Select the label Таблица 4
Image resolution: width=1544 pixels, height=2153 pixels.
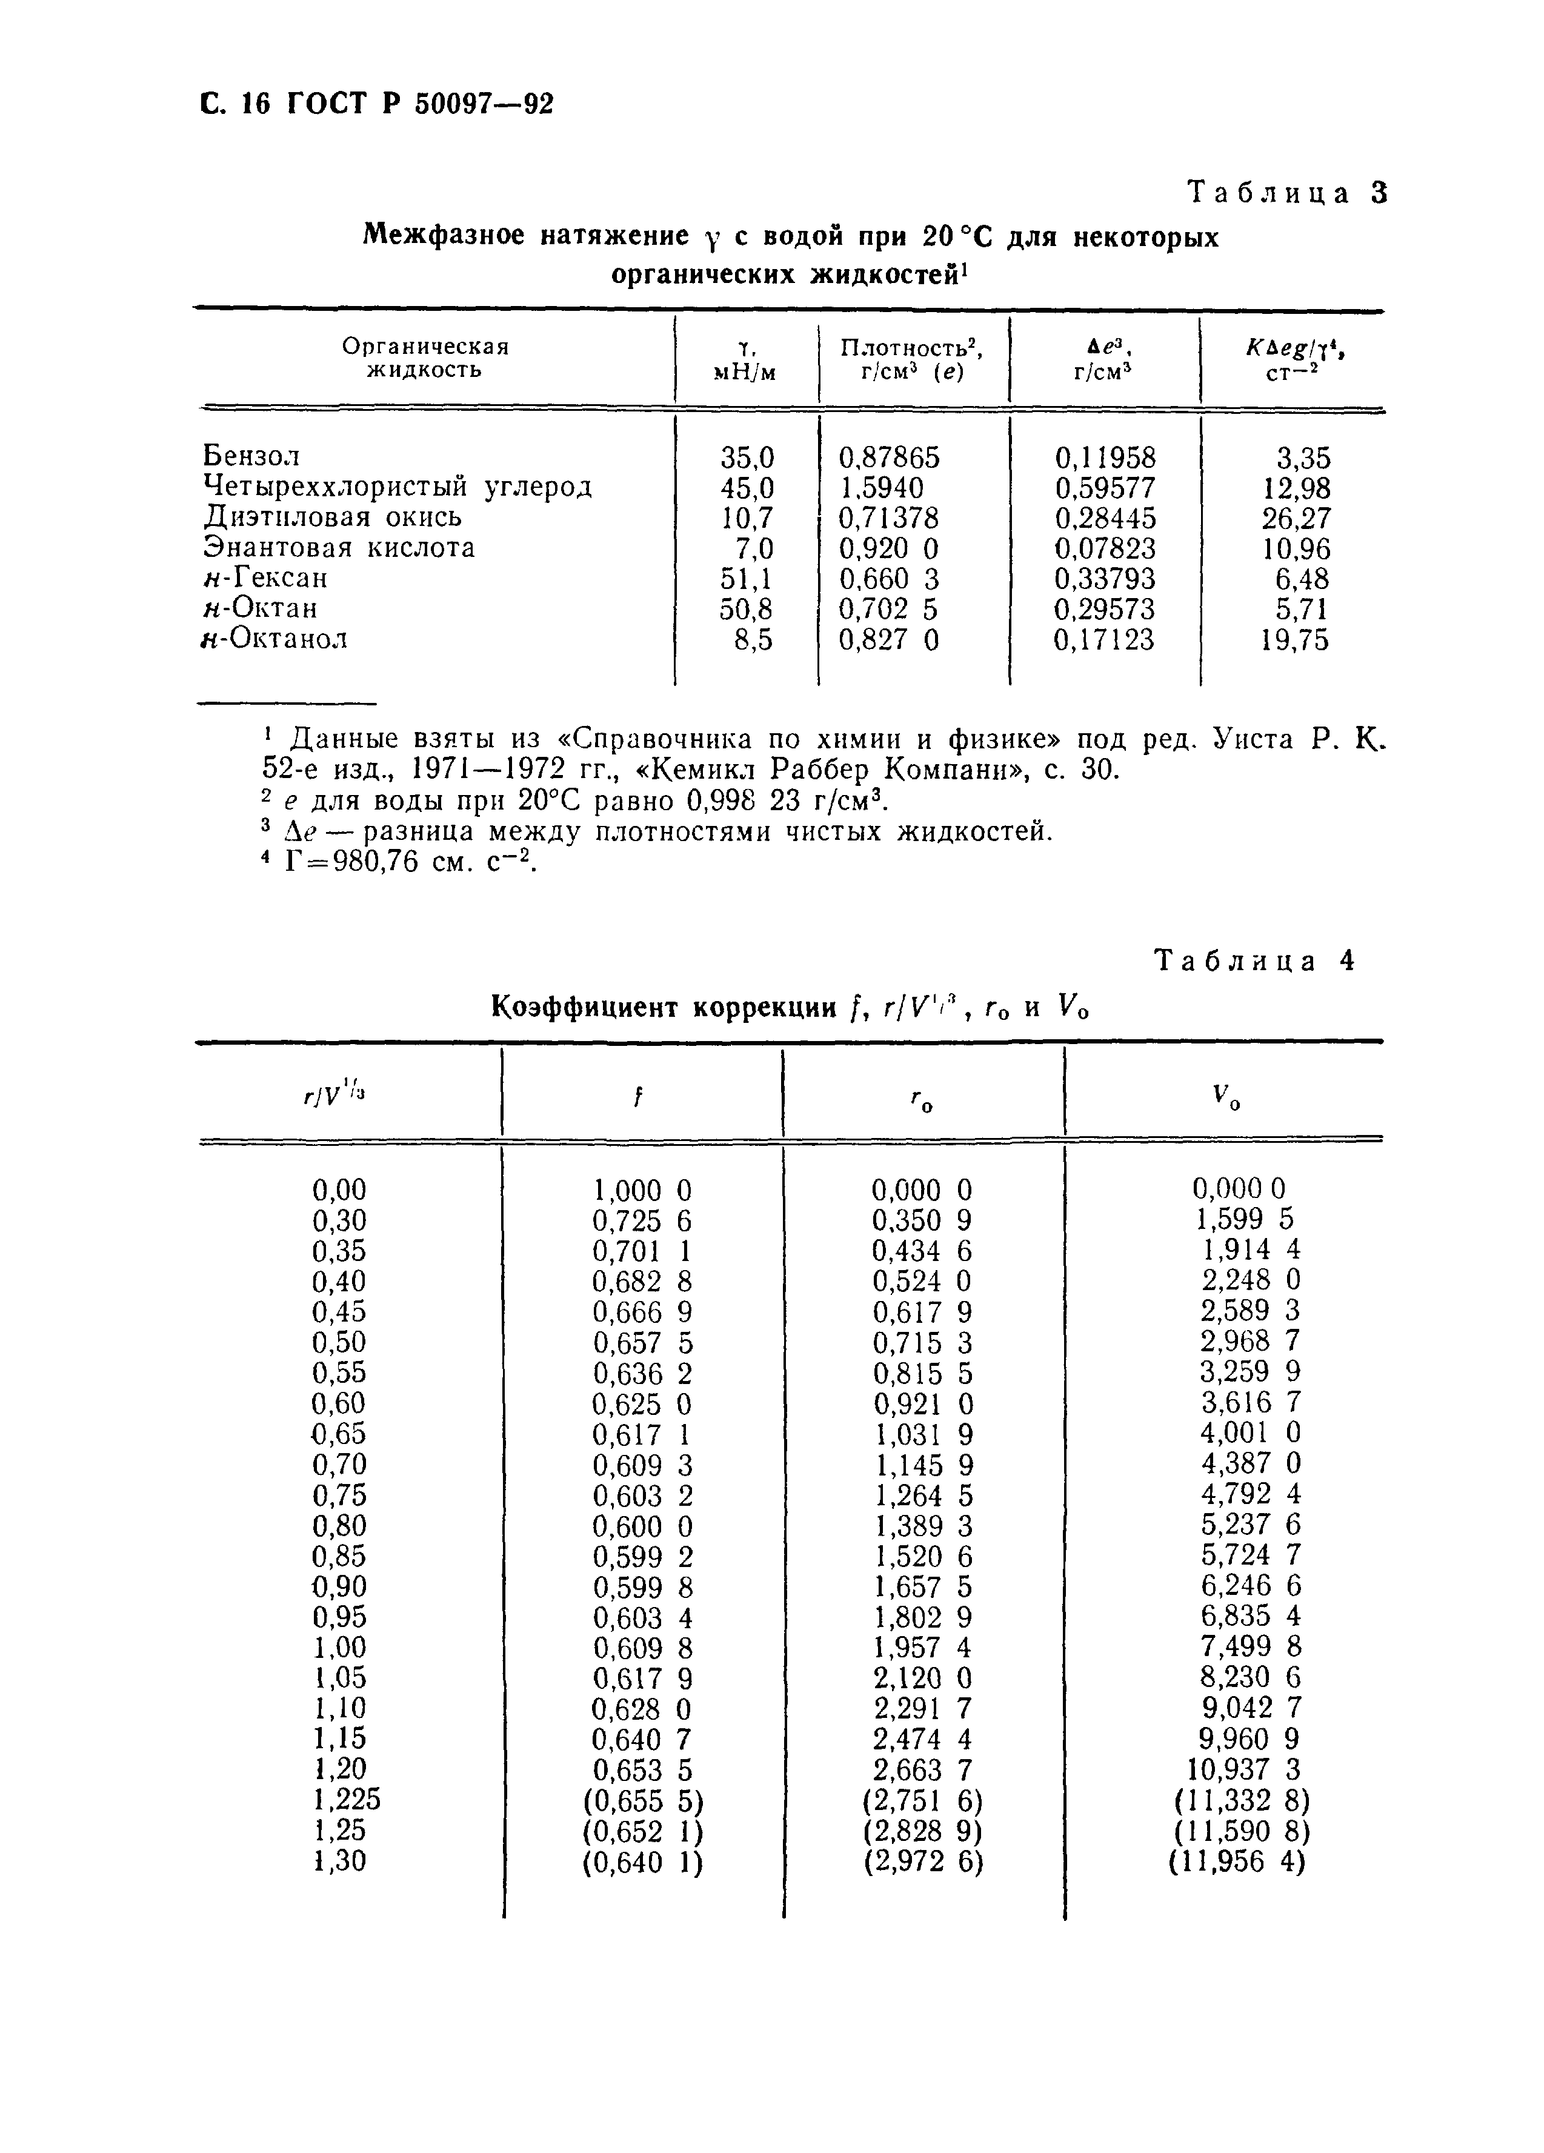(1253, 962)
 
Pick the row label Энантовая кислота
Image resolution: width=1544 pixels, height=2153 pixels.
(339, 548)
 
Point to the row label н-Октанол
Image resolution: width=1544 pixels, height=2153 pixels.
(275, 639)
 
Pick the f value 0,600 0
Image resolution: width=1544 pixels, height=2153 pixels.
(642, 1525)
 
